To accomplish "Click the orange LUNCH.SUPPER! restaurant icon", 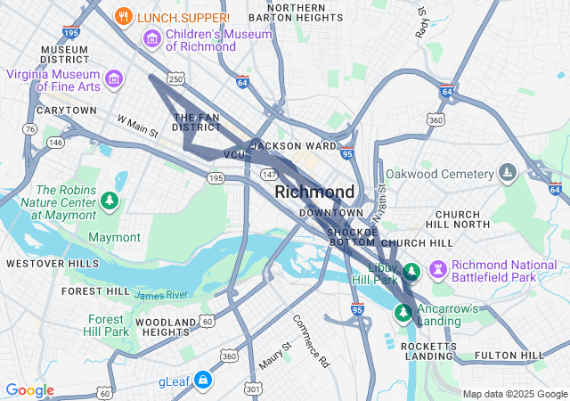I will click(125, 16).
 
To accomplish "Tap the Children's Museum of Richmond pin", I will click(151, 39).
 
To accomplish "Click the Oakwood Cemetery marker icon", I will click(507, 171).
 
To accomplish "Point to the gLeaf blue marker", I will click(203, 381).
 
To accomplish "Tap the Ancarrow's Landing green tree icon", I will click(403, 312).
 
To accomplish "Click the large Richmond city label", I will click(314, 192).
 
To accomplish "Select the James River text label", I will click(161, 295).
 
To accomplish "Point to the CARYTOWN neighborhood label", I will click(67, 110).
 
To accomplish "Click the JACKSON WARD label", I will click(294, 145).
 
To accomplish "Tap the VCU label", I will click(234, 155).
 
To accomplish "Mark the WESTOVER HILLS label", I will click(53, 264).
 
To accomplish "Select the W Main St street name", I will click(137, 126).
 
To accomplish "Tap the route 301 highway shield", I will click(255, 389).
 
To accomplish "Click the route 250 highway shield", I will click(176, 80).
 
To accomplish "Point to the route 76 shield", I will click(30, 129).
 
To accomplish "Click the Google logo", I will click(30, 390).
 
